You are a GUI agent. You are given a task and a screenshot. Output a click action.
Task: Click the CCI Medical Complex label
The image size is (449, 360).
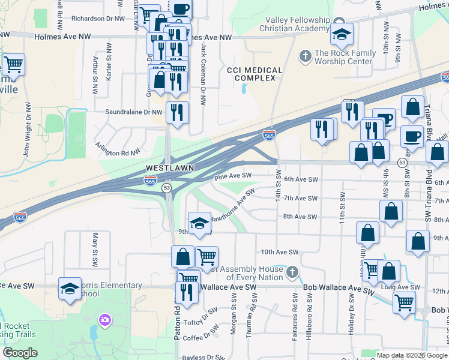coord(255,74)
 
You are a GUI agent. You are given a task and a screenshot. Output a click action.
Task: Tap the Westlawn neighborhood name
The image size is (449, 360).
coord(170,168)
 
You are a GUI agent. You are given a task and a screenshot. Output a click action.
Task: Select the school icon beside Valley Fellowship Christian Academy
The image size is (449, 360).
coord(342,34)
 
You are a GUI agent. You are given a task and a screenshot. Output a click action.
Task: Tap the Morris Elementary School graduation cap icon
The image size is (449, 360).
coord(70,289)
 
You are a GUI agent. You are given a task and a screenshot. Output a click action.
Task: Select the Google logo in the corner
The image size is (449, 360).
coord(20,353)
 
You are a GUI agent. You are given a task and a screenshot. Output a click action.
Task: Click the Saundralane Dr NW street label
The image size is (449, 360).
coord(134,112)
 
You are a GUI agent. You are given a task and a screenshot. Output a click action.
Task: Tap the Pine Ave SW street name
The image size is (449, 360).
coord(233,176)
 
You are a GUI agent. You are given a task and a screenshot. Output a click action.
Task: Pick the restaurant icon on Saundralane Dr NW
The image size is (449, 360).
coord(177,112)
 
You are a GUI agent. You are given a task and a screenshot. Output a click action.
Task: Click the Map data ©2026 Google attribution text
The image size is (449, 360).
coord(412,355)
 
